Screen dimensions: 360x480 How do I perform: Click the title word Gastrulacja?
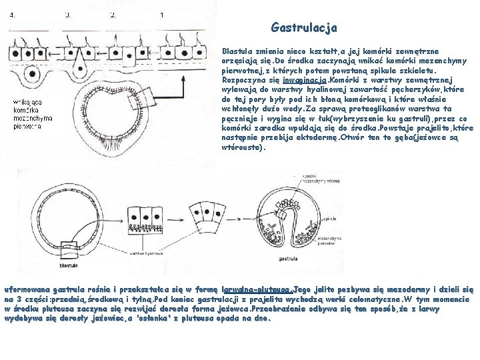[x=304, y=28]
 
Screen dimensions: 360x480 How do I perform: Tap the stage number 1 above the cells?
[x=162, y=15]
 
